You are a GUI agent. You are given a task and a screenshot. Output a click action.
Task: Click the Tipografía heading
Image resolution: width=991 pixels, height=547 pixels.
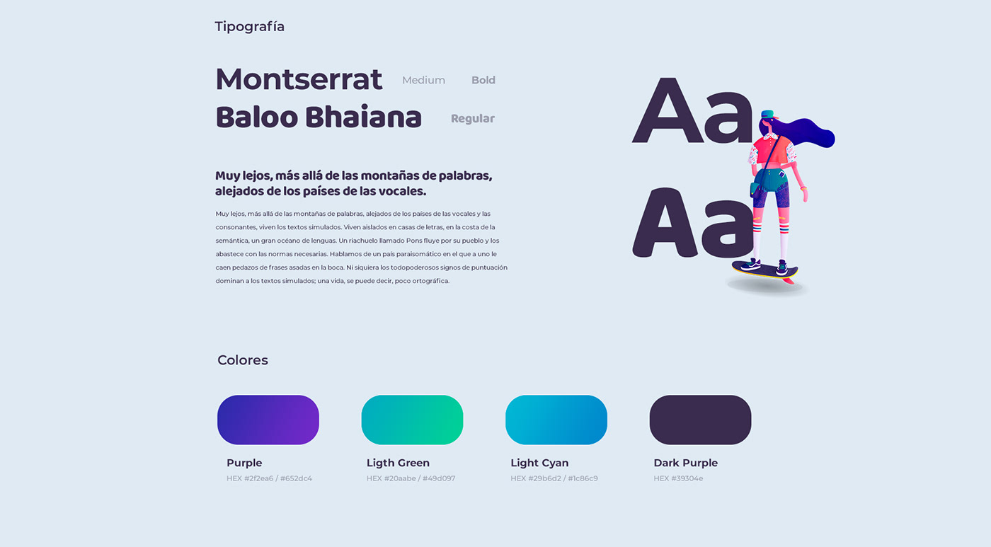[249, 27]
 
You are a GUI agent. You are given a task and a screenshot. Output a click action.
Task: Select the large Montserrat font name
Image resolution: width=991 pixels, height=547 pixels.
[299, 79]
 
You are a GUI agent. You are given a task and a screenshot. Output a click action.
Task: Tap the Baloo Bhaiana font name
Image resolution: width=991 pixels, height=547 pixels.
[319, 117]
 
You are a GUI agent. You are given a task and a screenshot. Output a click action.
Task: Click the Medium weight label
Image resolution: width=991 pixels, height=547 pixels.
[423, 80]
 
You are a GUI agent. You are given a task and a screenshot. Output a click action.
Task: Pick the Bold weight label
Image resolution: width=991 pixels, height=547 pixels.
[483, 80]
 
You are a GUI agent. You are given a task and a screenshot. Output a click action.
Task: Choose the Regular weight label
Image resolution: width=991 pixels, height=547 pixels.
[473, 118]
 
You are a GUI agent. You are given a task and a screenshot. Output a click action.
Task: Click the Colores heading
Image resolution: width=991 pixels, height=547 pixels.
[242, 360]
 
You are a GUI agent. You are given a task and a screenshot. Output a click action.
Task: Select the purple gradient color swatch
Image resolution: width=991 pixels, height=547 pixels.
[268, 420]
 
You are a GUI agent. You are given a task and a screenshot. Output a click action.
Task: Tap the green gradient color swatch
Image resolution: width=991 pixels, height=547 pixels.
[412, 420]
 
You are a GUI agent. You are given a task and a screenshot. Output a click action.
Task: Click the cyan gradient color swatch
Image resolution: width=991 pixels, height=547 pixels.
[556, 420]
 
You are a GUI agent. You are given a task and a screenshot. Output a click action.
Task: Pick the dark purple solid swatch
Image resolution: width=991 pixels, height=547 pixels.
[700, 420]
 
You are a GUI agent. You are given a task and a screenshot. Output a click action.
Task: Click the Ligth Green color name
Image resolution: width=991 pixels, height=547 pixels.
[398, 463]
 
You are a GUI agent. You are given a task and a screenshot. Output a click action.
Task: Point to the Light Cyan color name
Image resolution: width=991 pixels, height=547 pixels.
[539, 463]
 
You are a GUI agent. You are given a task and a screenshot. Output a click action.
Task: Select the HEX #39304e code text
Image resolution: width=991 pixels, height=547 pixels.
[678, 478]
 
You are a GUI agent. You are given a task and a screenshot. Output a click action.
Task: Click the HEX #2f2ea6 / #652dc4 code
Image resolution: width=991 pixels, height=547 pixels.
[269, 478]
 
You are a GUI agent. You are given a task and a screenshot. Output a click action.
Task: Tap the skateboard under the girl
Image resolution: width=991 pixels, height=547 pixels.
[765, 270]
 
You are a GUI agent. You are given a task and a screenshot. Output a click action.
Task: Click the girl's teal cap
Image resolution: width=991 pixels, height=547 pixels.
[767, 114]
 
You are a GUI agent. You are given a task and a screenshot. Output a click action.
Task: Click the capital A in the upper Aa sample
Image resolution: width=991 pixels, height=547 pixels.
[667, 110]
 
